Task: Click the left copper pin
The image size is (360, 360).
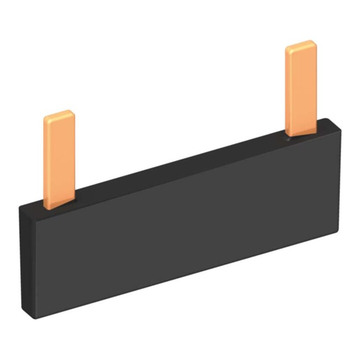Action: click(60, 157)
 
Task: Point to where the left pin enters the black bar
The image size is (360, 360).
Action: click(60, 205)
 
